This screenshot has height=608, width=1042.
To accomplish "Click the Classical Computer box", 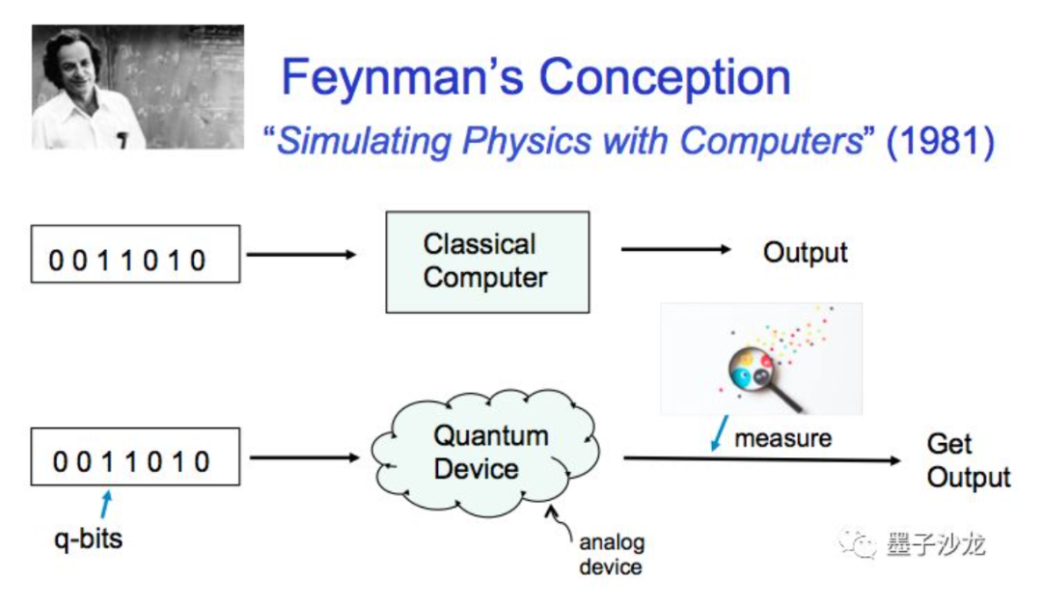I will tap(486, 262).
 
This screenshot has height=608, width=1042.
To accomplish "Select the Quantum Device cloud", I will tap(482, 453).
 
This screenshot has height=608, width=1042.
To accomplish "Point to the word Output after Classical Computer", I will tap(805, 253).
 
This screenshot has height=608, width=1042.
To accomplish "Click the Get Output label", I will tap(967, 461).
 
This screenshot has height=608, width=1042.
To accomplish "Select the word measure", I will tap(782, 438).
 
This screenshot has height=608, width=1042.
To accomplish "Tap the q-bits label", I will tap(88, 537).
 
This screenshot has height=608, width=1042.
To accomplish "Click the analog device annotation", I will tap(611, 554).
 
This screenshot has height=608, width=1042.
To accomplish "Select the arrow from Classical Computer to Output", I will tap(675, 250).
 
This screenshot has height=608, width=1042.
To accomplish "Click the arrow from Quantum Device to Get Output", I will tap(762, 460).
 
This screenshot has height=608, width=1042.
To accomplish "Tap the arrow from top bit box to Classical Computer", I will tap(301, 255).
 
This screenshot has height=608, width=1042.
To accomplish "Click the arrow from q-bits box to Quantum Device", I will tap(304, 456).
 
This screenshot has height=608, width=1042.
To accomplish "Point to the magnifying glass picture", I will tap(760, 359).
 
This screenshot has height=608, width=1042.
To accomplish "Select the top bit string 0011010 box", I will tap(135, 254).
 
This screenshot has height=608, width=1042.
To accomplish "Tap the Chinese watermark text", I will tap(935, 544).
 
